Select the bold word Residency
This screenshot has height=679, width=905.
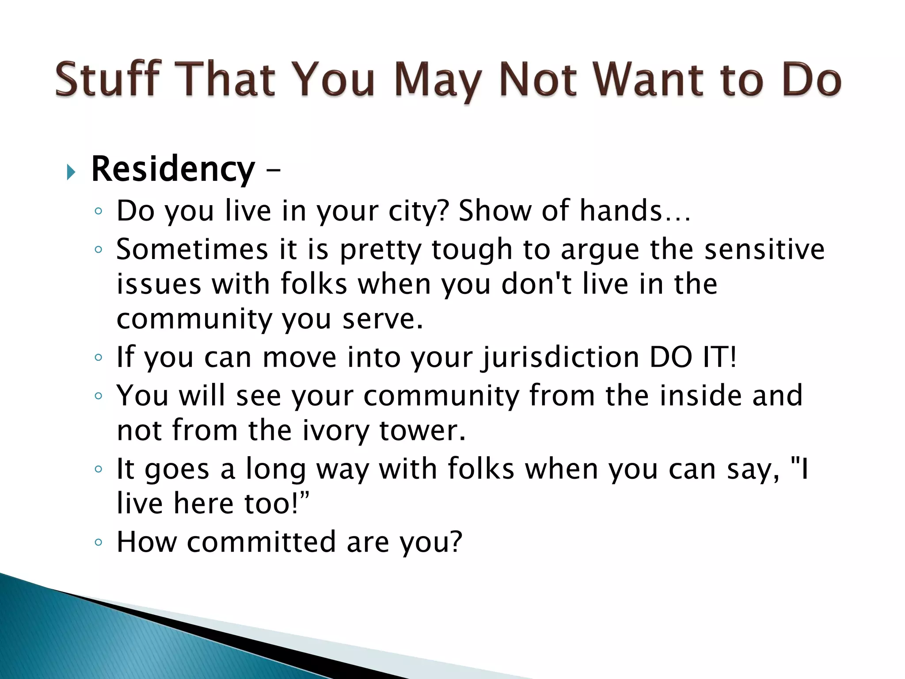pyautogui.click(x=173, y=169)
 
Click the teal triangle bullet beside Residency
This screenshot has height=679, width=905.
pyautogui.click(x=71, y=172)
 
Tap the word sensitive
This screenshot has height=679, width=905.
pyautogui.click(x=764, y=249)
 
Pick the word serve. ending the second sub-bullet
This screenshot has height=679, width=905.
pyautogui.click(x=383, y=319)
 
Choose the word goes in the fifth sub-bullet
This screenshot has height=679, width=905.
pyautogui.click(x=177, y=469)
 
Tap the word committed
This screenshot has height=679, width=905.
pyautogui.click(x=261, y=542)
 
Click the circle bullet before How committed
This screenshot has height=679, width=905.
pyautogui.click(x=99, y=542)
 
